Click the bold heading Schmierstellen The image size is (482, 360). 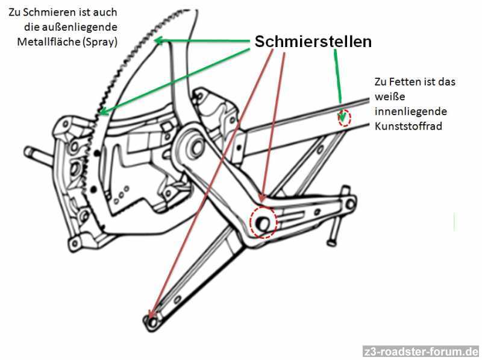[x=313, y=42]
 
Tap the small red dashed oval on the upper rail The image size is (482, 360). [x=344, y=118]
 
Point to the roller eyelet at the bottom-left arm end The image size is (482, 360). [x=152, y=321]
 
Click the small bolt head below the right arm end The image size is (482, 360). [x=330, y=243]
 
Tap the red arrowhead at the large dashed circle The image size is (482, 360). [x=263, y=198]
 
